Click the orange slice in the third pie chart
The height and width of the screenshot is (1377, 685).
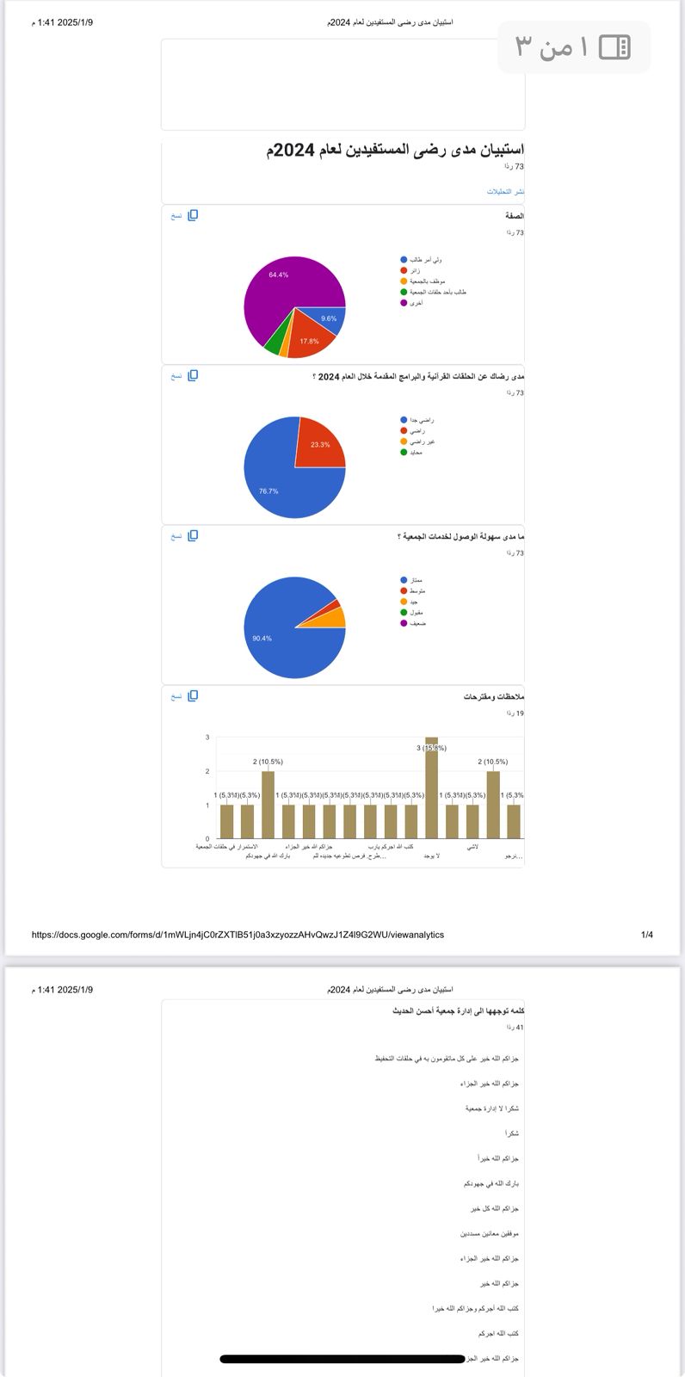point(337,618)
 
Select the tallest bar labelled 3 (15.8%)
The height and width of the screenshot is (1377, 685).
point(431,787)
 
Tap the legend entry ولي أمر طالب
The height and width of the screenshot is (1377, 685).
point(426,260)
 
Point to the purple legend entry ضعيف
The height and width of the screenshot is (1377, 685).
point(417,623)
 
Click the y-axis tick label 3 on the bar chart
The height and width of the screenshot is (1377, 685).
point(207,738)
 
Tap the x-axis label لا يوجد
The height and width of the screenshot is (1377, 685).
point(431,856)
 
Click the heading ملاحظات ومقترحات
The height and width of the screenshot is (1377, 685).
point(493,696)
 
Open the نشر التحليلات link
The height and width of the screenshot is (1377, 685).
point(505,191)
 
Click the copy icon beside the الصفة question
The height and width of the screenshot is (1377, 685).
point(193,215)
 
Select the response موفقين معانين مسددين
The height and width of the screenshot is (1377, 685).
point(489,1233)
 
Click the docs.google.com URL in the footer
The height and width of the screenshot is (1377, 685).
point(238,935)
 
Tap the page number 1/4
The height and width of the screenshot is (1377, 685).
point(646,935)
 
